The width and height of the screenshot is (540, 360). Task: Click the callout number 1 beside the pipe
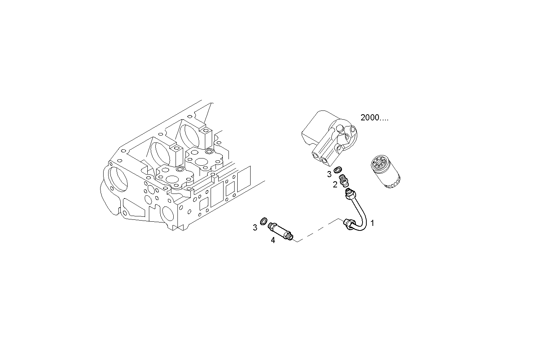(372, 223)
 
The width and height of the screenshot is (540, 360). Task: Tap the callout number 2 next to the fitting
(335, 185)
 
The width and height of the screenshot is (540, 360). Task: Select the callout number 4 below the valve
(273, 240)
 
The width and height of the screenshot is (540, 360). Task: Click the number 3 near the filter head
(329, 175)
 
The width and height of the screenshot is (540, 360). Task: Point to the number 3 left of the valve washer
(255, 228)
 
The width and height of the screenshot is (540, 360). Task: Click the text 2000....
(374, 118)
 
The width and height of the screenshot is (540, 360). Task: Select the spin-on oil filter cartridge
(385, 174)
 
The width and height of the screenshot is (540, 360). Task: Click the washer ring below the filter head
(338, 170)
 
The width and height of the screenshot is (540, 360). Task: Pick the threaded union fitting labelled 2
(344, 180)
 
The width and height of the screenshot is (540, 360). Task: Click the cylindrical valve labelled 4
(281, 231)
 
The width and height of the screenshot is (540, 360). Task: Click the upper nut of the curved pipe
(350, 196)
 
